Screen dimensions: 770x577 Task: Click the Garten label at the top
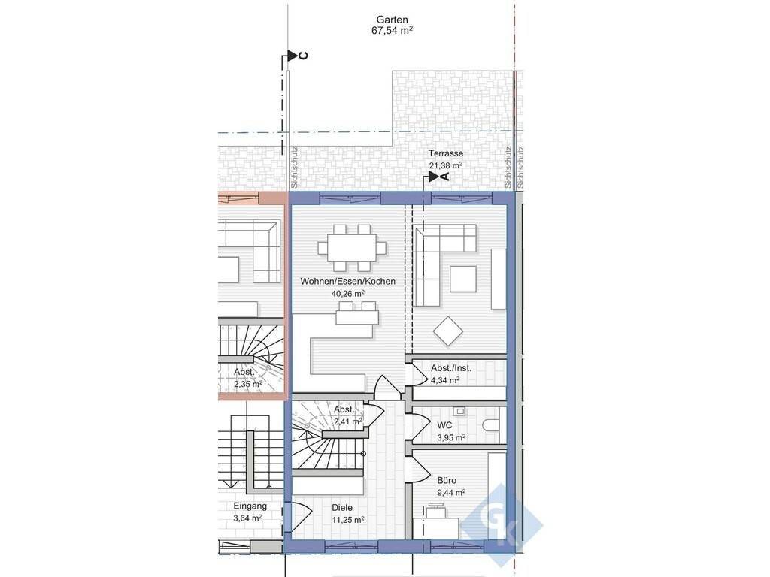click(392, 20)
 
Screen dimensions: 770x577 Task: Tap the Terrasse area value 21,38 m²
click(445, 166)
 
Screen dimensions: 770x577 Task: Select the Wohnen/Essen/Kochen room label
click(347, 282)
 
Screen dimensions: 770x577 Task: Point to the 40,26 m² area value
click(347, 294)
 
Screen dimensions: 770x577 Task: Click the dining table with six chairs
click(351, 248)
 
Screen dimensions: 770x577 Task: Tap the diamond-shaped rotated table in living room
click(448, 332)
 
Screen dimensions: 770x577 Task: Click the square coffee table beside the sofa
click(463, 279)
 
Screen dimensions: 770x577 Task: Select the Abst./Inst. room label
click(451, 368)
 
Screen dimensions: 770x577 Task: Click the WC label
click(444, 425)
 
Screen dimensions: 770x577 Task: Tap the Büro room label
click(447, 480)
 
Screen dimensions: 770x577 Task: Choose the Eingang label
click(250, 506)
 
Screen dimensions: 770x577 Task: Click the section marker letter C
click(304, 56)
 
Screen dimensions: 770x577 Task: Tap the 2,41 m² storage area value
click(347, 421)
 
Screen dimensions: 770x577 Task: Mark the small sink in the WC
click(460, 411)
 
